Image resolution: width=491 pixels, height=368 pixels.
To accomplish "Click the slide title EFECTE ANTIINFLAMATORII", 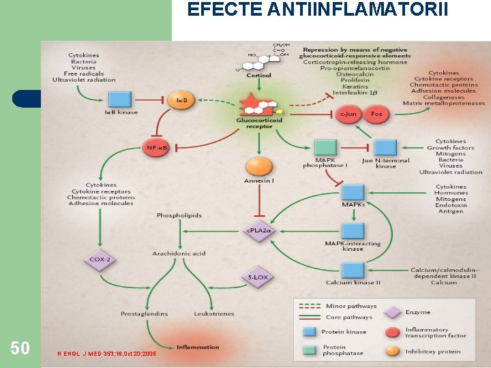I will click(318, 10).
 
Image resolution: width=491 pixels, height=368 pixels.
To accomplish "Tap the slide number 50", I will click(20, 348).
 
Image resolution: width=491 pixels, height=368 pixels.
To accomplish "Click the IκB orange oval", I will click(183, 101).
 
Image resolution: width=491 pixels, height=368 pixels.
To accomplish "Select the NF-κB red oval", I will click(156, 147).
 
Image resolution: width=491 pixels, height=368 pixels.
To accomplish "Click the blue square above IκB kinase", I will click(120, 99).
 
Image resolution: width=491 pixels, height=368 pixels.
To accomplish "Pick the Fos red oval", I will click(376, 114).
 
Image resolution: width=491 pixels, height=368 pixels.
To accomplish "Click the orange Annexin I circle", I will click(258, 166).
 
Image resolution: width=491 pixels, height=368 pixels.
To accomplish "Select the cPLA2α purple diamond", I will click(258, 230).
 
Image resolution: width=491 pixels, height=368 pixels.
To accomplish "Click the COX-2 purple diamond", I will click(100, 259).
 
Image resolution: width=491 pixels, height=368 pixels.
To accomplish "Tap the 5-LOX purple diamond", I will click(258, 277).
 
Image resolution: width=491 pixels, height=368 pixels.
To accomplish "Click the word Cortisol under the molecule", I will click(259, 76).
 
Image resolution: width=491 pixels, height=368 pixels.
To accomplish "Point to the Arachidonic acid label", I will click(179, 254).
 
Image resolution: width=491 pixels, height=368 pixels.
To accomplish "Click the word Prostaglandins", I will click(144, 313).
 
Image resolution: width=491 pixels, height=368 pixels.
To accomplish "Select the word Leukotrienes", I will click(214, 313).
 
